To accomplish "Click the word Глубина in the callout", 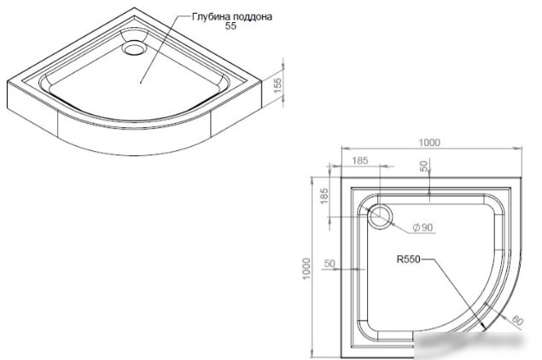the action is point(211,16).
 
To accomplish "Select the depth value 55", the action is point(230,26).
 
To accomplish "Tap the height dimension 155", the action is point(277,85).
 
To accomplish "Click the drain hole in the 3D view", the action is point(134,48).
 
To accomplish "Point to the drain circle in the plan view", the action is point(380,217).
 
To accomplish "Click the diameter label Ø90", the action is point(423,227).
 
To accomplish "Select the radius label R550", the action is point(408,259).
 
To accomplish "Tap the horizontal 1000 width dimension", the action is point(429,142).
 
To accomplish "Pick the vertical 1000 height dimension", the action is point(306,269).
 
